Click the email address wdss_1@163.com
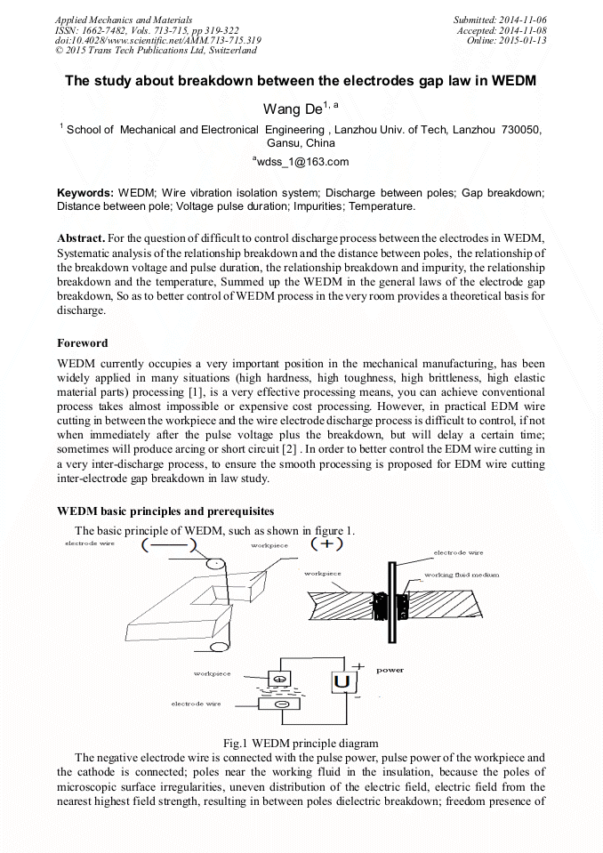pos(301,161)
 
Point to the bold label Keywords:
pos(85,193)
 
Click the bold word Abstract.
pos(81,239)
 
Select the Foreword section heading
pos(83,342)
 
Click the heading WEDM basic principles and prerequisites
pos(165,511)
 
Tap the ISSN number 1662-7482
pos(112,29)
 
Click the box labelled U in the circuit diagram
pos(343,681)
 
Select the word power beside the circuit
pos(390,670)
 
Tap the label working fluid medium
pos(462,575)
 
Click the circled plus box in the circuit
pos(281,680)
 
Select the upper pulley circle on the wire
pos(215,561)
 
